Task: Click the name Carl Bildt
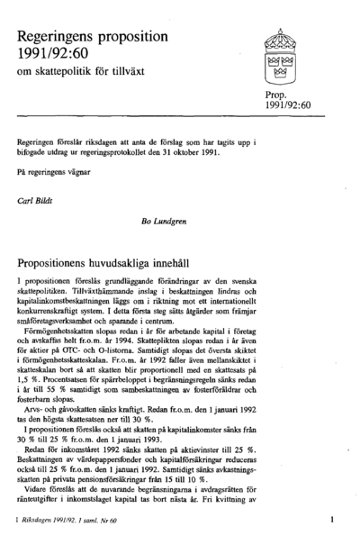tap(39, 200)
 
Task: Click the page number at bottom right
tap(332, 520)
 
